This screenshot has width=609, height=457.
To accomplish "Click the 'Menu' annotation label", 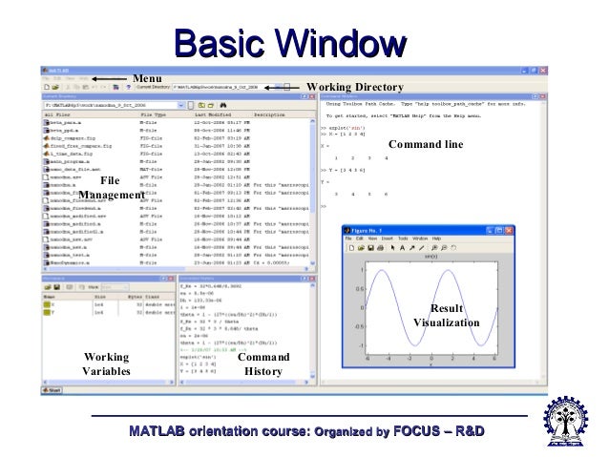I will (x=148, y=77).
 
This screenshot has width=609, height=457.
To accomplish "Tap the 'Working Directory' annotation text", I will (x=355, y=86).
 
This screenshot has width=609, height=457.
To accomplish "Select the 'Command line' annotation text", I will (x=424, y=144).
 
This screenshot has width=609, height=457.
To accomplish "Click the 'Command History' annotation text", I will (x=262, y=364).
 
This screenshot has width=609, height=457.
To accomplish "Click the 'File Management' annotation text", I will (x=111, y=187).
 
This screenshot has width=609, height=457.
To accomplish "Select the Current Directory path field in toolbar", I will (x=220, y=86).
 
